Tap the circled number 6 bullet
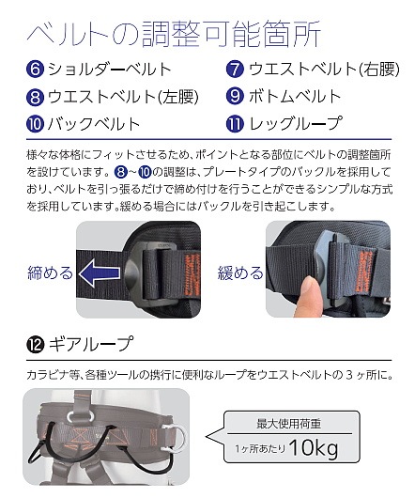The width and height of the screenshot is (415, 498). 35,70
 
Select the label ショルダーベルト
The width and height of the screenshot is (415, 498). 110,70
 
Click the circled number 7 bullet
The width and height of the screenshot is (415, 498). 235,70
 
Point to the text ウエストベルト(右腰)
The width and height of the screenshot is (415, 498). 324,70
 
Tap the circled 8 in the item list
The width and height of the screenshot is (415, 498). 35,97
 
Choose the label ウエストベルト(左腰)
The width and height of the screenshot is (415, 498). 123,97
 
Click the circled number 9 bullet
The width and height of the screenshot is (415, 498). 235,96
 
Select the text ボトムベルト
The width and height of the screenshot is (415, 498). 295,96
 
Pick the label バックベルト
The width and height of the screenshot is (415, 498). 94,124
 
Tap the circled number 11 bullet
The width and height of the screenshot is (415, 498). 235,124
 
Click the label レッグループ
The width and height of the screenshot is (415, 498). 296,123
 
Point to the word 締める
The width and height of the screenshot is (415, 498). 51,272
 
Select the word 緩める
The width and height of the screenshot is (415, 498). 240,272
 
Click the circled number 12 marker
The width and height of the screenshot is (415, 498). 35,344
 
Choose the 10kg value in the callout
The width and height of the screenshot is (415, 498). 314,448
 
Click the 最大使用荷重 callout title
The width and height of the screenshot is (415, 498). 289,424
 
